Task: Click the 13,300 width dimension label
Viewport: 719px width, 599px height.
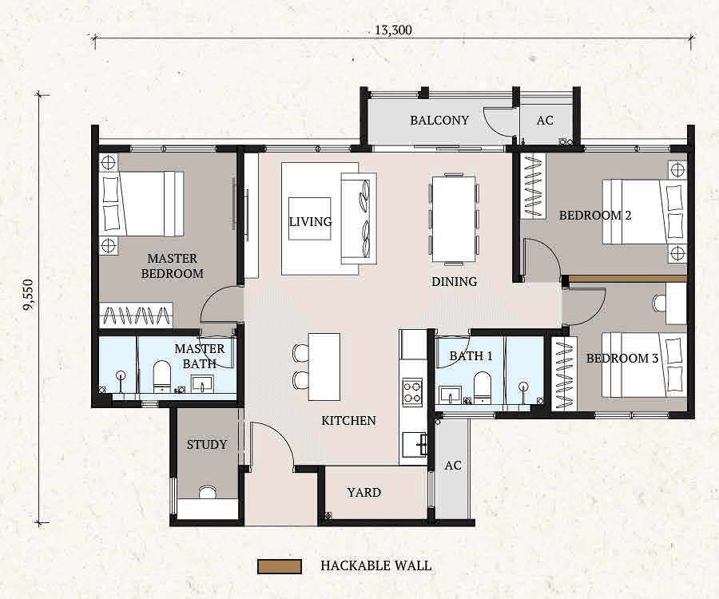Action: coord(393,30)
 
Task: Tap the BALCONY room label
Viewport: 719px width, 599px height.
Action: coord(439,121)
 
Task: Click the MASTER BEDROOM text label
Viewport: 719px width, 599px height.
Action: coord(172,266)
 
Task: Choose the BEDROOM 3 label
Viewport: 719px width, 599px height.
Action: coord(622,359)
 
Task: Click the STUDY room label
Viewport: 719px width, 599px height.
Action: coord(207,445)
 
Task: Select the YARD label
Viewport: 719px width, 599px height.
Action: coord(363,493)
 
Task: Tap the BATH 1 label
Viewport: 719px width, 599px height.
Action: coord(471,355)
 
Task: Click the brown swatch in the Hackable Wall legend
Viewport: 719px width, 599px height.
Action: coord(279,566)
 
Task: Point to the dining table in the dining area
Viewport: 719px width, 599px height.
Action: coord(454,219)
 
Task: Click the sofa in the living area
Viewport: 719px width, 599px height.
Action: coord(356,217)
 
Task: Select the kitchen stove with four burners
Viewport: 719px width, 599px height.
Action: coord(412,391)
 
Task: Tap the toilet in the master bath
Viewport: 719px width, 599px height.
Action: coord(162,376)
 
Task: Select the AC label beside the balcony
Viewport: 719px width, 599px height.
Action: coord(545,121)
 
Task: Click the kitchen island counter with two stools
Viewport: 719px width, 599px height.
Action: coord(324,367)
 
